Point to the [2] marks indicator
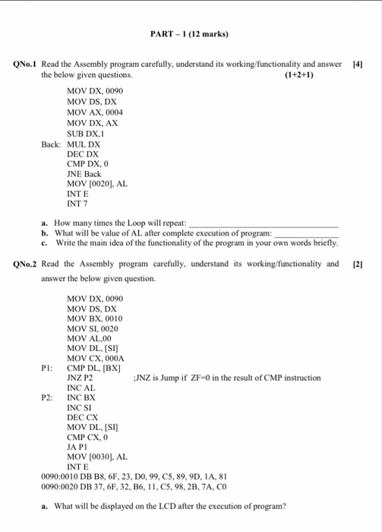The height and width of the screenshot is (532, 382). (x=358, y=264)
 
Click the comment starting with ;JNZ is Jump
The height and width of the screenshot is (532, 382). (x=226, y=378)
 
